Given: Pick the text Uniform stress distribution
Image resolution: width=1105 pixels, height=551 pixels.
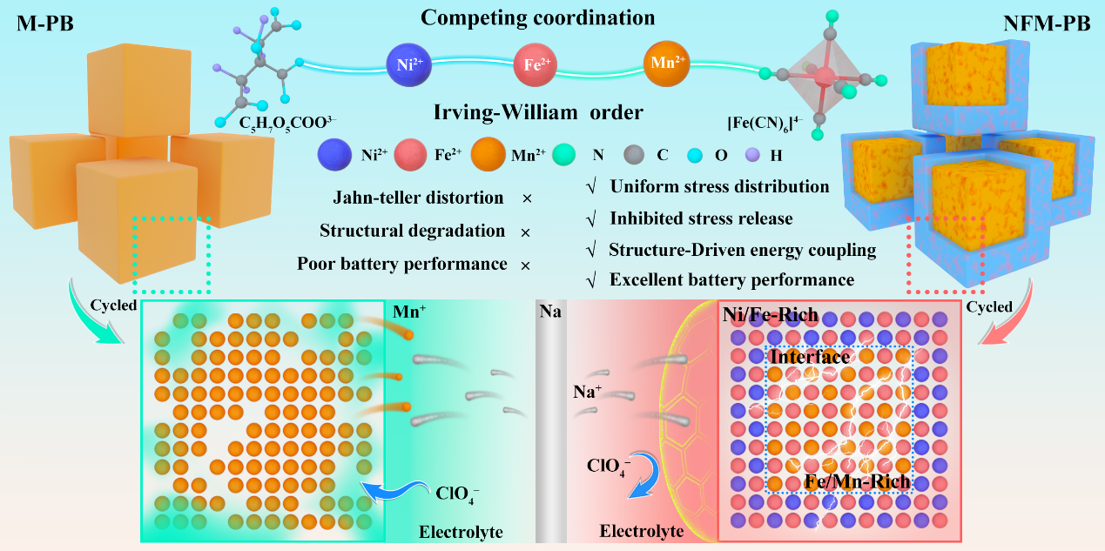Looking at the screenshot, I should (719, 186).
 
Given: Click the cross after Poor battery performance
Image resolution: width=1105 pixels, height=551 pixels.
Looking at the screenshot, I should (526, 264).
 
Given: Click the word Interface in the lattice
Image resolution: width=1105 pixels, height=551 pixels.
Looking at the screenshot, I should (810, 357).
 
